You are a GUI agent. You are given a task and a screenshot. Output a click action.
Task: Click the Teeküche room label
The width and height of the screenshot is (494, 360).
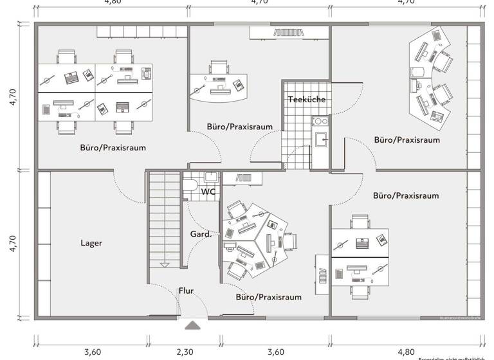tap(306, 100)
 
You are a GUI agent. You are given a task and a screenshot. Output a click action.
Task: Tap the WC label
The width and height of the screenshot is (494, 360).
tap(208, 192)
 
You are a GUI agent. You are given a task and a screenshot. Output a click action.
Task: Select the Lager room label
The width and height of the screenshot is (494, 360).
tap(91, 243)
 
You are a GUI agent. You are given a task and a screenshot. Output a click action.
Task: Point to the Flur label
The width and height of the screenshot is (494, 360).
tap(186, 291)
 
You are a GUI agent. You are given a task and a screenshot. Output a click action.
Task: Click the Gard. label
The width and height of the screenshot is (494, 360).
tap(201, 235)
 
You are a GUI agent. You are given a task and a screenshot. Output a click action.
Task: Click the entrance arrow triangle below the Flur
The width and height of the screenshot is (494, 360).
tap(192, 325)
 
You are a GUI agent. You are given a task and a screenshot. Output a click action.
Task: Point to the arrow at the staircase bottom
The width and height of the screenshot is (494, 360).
tap(165, 264)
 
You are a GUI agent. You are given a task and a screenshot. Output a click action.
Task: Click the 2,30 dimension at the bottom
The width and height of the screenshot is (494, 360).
tap(185, 352)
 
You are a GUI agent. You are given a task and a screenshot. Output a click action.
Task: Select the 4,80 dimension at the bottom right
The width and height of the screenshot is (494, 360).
tap(406, 352)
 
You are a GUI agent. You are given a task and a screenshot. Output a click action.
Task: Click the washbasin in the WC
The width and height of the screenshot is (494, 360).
tap(210, 177)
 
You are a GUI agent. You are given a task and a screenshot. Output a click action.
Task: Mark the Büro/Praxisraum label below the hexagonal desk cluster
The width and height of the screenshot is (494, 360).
tap(268, 297)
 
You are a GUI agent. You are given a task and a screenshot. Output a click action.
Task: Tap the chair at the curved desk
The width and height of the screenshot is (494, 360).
tap(219, 67)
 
